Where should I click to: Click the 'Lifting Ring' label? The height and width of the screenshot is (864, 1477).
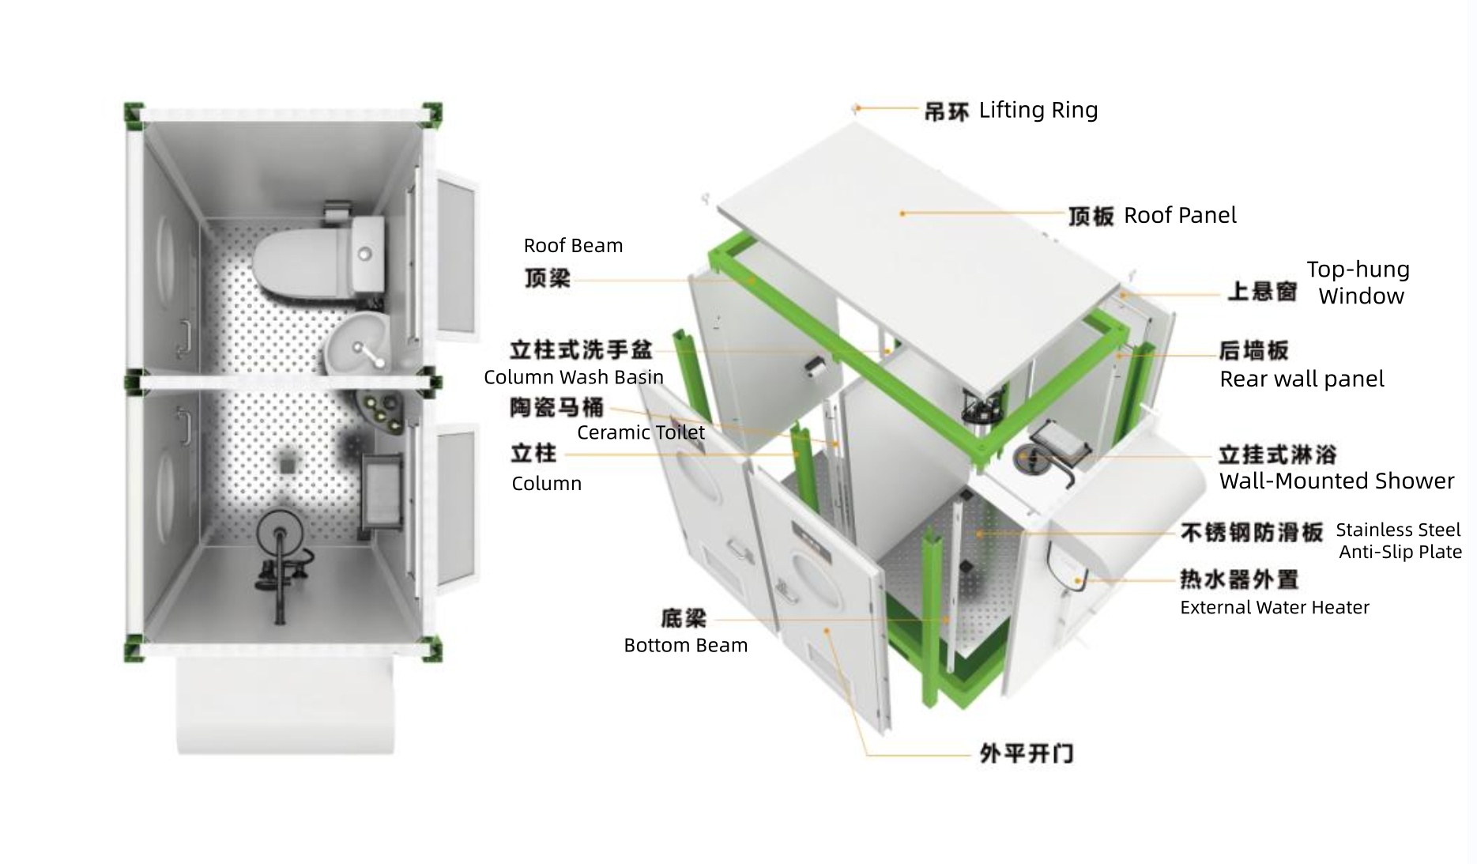[x=1038, y=110]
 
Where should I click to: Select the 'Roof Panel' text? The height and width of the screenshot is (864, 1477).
[x=1179, y=215]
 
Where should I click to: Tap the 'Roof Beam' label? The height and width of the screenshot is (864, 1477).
[x=573, y=246]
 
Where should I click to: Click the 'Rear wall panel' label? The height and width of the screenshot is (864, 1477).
[x=1301, y=379]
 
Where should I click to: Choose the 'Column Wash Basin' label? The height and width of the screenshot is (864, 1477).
[x=573, y=377]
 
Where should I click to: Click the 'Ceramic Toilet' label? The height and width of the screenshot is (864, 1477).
[x=640, y=432]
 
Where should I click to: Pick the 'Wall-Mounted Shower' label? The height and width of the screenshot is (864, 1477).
[x=1336, y=481]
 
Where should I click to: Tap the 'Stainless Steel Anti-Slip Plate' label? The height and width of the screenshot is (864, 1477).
[x=1399, y=541]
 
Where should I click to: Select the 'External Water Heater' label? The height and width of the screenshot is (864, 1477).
[x=1274, y=607]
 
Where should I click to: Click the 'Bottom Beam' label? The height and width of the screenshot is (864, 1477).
[x=685, y=645]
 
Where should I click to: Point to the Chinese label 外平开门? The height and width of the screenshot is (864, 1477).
[x=1026, y=753]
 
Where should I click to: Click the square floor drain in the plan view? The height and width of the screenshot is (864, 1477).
[x=286, y=462]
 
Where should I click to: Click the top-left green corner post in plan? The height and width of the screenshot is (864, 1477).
[x=133, y=115]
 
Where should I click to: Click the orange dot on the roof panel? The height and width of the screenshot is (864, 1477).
[x=902, y=213]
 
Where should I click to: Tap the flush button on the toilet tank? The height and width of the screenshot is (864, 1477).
[x=364, y=254]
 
